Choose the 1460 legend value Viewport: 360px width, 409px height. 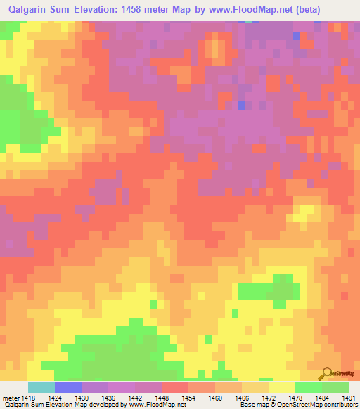(x=217, y=396)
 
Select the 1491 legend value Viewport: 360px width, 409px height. (x=347, y=396)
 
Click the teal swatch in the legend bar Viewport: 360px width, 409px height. (x=41, y=387)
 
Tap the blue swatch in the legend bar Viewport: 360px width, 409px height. (x=68, y=387)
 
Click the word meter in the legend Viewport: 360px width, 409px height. (x=11, y=396)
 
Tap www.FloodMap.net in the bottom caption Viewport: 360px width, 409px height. (x=153, y=405)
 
